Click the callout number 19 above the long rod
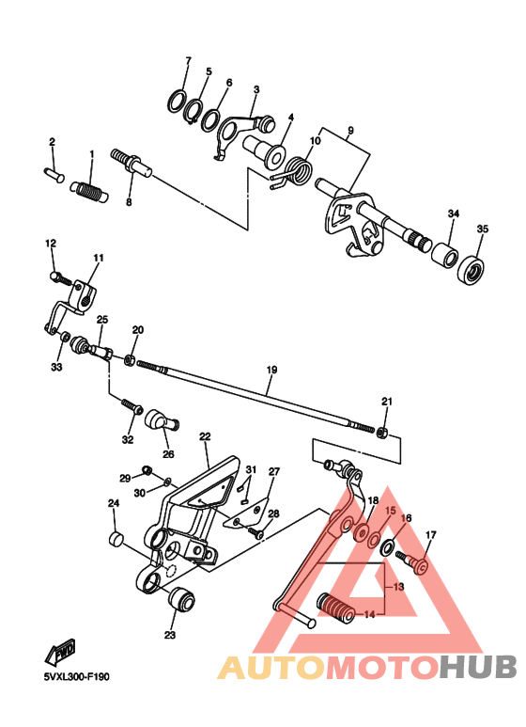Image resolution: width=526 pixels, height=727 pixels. [x=271, y=370]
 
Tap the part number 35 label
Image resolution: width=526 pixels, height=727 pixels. [x=482, y=229]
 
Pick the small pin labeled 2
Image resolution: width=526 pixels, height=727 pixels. [x=53, y=172]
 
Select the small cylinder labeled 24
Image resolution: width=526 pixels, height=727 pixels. [x=116, y=539]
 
